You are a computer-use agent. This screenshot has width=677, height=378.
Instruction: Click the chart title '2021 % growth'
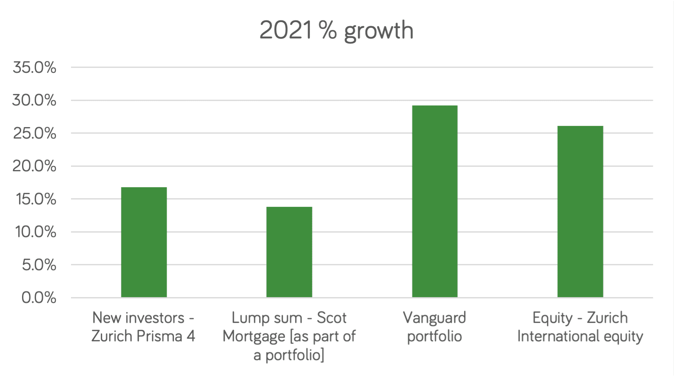tap(336, 31)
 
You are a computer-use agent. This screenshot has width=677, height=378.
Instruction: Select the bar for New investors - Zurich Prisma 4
tap(144, 242)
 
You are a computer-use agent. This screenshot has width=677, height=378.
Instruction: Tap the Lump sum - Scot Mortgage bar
tap(289, 252)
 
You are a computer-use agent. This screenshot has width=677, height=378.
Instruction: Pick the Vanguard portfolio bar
tap(435, 201)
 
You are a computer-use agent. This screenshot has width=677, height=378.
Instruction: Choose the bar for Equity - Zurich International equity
tap(580, 211)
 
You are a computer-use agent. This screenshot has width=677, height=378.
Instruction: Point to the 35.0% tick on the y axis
tap(34, 67)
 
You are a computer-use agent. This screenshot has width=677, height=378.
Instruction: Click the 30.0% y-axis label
tap(34, 100)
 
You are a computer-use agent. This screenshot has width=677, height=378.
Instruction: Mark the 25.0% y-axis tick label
tap(34, 133)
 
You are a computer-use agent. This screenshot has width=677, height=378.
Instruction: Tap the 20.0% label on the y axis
tap(34, 166)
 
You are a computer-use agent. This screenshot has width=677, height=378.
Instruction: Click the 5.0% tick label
tap(39, 265)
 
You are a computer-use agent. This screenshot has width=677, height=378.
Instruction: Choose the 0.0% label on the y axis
tap(39, 297)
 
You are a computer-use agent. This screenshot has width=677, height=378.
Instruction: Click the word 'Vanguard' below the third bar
tap(435, 318)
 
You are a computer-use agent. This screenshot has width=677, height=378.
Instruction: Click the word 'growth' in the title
tap(379, 31)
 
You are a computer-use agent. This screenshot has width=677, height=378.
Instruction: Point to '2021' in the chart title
tap(286, 31)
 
